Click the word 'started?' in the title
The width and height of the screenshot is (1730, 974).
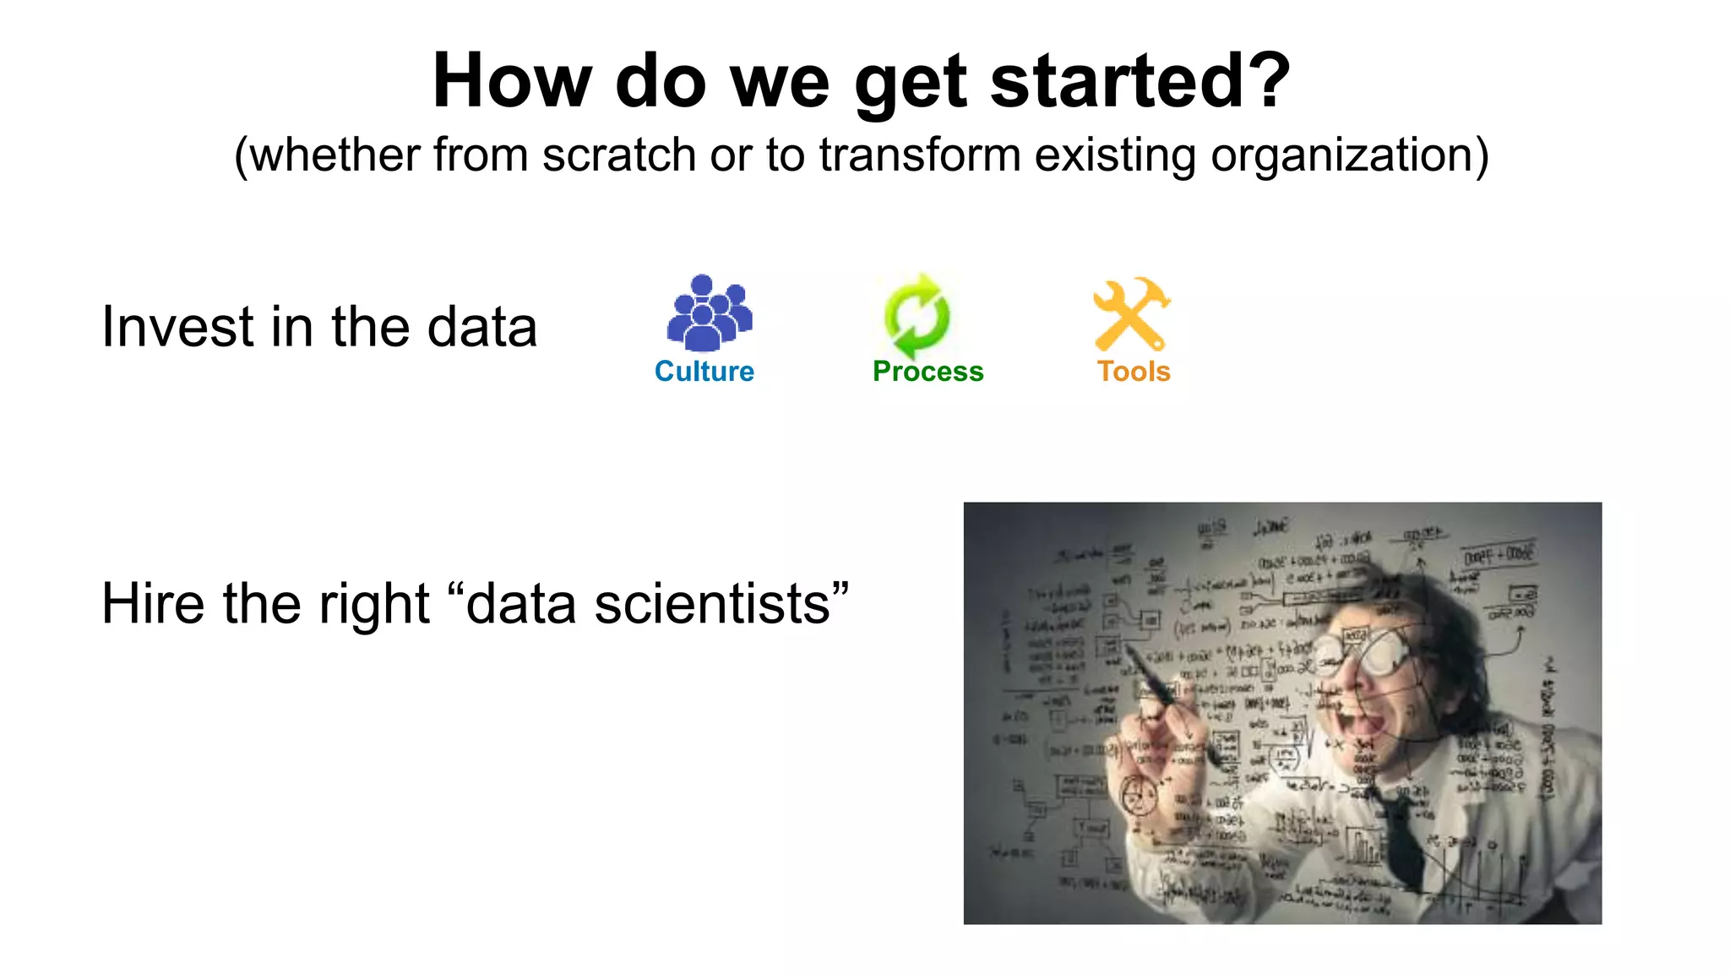coord(1140,81)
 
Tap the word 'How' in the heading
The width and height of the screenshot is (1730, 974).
coord(512,81)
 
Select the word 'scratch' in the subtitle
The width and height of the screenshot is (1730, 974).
coord(618,155)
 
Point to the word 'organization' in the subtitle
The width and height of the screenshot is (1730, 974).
coord(1342,155)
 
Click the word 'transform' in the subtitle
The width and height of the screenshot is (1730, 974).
coord(920,155)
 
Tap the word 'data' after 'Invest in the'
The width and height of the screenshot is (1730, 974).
coord(481,327)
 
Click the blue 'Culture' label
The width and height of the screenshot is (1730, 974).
coord(704,372)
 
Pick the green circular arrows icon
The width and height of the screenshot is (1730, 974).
coord(917,316)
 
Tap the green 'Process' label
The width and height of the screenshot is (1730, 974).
coord(928,372)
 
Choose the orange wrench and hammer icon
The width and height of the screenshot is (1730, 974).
coord(1131,314)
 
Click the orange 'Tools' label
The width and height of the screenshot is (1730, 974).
coord(1134,372)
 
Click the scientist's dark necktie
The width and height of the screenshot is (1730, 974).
coord(1402,836)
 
